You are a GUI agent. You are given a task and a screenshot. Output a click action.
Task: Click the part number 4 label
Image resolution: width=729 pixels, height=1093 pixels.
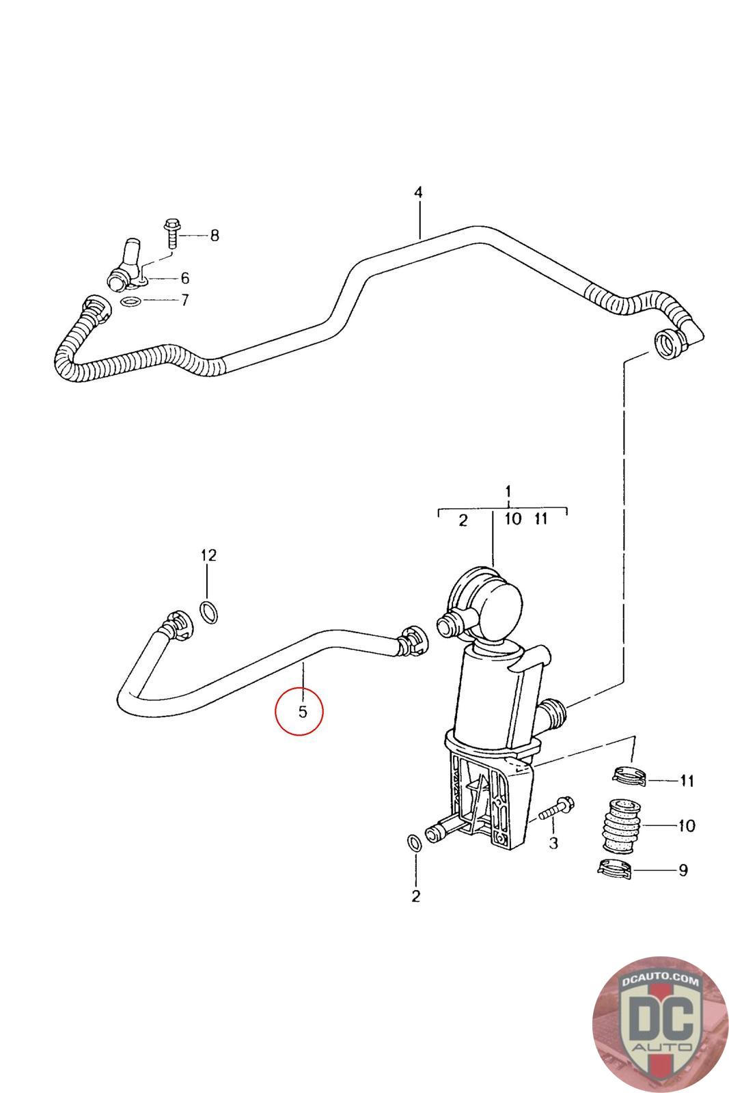pyautogui.click(x=418, y=193)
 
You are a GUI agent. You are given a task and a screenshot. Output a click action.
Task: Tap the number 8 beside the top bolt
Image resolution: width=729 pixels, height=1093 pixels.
pyautogui.click(x=215, y=236)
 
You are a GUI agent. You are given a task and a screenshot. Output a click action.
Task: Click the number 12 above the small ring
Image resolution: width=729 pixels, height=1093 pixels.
pyautogui.click(x=208, y=555)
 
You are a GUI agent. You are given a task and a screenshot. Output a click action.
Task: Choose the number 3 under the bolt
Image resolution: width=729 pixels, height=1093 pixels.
pyautogui.click(x=553, y=844)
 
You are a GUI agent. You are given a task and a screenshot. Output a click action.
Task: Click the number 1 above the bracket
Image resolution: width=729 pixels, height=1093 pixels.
pyautogui.click(x=508, y=491)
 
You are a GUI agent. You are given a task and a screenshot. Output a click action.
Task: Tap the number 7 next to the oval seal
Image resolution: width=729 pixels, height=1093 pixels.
pyautogui.click(x=184, y=300)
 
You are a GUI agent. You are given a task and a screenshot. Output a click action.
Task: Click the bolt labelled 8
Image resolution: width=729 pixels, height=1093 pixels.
pyautogui.click(x=171, y=234)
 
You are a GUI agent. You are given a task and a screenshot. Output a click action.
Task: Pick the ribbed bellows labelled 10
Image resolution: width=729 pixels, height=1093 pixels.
pyautogui.click(x=621, y=825)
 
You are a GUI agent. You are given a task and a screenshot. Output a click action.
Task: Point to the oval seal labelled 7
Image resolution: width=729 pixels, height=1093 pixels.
pyautogui.click(x=130, y=301)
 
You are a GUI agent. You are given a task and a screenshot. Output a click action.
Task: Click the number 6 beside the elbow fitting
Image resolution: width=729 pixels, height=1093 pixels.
pyautogui.click(x=184, y=279)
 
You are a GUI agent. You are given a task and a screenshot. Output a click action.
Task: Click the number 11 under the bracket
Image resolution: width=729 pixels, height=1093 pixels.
pyautogui.click(x=686, y=780)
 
